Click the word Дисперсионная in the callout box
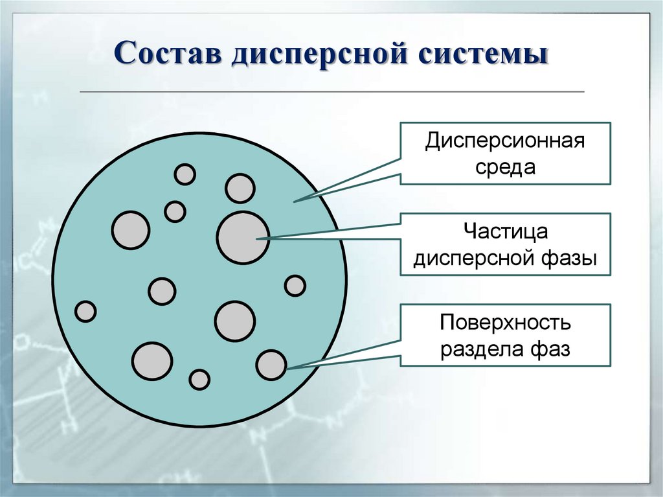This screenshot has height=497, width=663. click(x=505, y=141)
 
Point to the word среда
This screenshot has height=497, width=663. click(x=505, y=167)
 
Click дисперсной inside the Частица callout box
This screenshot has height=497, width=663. click(x=474, y=259)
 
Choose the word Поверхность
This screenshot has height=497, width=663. click(x=505, y=322)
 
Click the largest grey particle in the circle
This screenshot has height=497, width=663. click(x=243, y=237)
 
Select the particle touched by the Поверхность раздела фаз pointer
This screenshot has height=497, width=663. click(x=271, y=365)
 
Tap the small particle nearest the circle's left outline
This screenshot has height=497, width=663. click(x=85, y=312)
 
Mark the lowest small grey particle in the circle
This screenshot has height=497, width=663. click(x=199, y=379)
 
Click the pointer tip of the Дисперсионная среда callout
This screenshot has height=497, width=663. click(x=296, y=202)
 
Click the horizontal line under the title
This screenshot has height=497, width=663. click(x=331, y=92)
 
